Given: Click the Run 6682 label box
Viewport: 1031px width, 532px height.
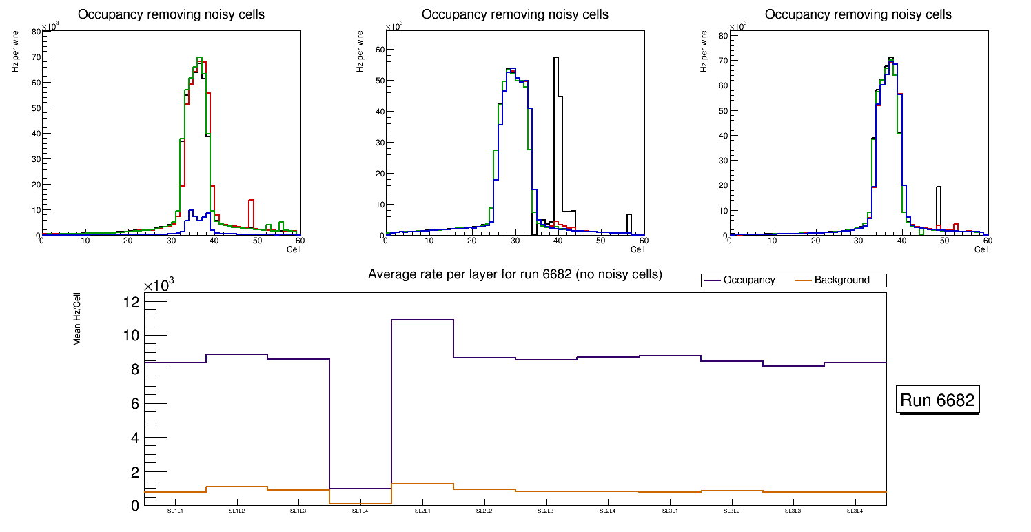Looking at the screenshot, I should pyautogui.click(x=939, y=400).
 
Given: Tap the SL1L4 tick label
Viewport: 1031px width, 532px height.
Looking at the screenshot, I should pyautogui.click(x=360, y=511).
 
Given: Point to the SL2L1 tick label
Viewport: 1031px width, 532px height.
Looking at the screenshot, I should pyautogui.click(x=422, y=511).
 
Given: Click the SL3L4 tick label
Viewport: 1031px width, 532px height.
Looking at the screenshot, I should pyautogui.click(x=855, y=511).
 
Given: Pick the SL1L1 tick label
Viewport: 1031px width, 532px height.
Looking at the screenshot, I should pyautogui.click(x=175, y=511).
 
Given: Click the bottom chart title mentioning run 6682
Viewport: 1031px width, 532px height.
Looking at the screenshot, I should pyautogui.click(x=515, y=274).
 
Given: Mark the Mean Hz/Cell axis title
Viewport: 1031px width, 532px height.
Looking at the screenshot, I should pyautogui.click(x=77, y=323).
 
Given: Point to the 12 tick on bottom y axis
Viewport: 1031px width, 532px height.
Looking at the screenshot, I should pyautogui.click(x=131, y=302).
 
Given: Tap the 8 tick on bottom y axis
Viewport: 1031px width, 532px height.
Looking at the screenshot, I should pyautogui.click(x=135, y=369).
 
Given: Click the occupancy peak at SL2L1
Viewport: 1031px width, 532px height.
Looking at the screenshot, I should pyautogui.click(x=422, y=320).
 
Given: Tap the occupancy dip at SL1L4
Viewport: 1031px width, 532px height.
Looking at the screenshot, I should pyautogui.click(x=360, y=489).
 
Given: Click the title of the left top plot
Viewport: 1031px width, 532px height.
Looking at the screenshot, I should pyautogui.click(x=171, y=14).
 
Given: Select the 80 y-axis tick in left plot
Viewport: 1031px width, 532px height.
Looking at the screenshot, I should pyautogui.click(x=36, y=31).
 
